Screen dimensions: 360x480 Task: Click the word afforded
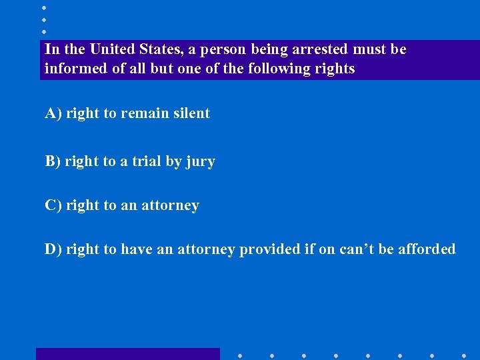[x=427, y=249]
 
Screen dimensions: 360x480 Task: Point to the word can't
[x=357, y=249]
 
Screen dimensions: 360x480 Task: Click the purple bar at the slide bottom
[x=127, y=354]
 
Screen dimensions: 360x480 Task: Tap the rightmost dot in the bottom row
[x=463, y=355]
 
